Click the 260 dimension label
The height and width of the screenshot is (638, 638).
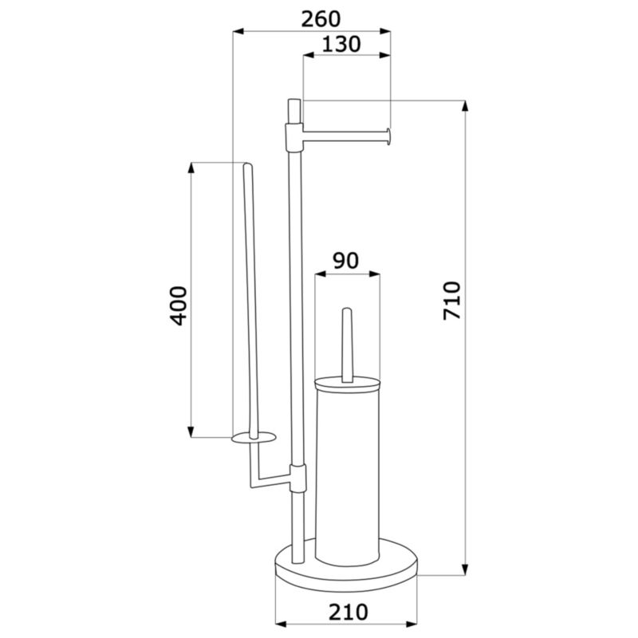[321, 19]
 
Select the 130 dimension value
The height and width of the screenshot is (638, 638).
[341, 45]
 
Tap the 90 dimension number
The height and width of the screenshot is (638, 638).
[345, 261]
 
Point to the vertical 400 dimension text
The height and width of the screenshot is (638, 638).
[179, 306]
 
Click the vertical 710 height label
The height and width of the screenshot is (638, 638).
[452, 301]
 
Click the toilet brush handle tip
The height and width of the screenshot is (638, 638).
[347, 310]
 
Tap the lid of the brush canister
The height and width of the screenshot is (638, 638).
[347, 385]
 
